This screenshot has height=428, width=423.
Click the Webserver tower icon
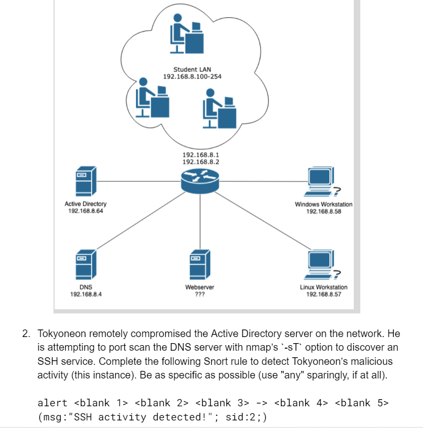click(x=200, y=265)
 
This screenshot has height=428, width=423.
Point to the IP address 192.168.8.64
click(x=85, y=211)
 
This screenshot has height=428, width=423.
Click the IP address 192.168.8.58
click(x=323, y=211)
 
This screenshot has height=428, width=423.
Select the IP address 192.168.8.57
click(x=323, y=294)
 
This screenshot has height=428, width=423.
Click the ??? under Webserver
click(x=200, y=294)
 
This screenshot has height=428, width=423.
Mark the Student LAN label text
click(x=192, y=69)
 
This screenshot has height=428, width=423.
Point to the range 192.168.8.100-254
click(x=192, y=76)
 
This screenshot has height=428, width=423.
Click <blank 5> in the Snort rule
click(x=361, y=403)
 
